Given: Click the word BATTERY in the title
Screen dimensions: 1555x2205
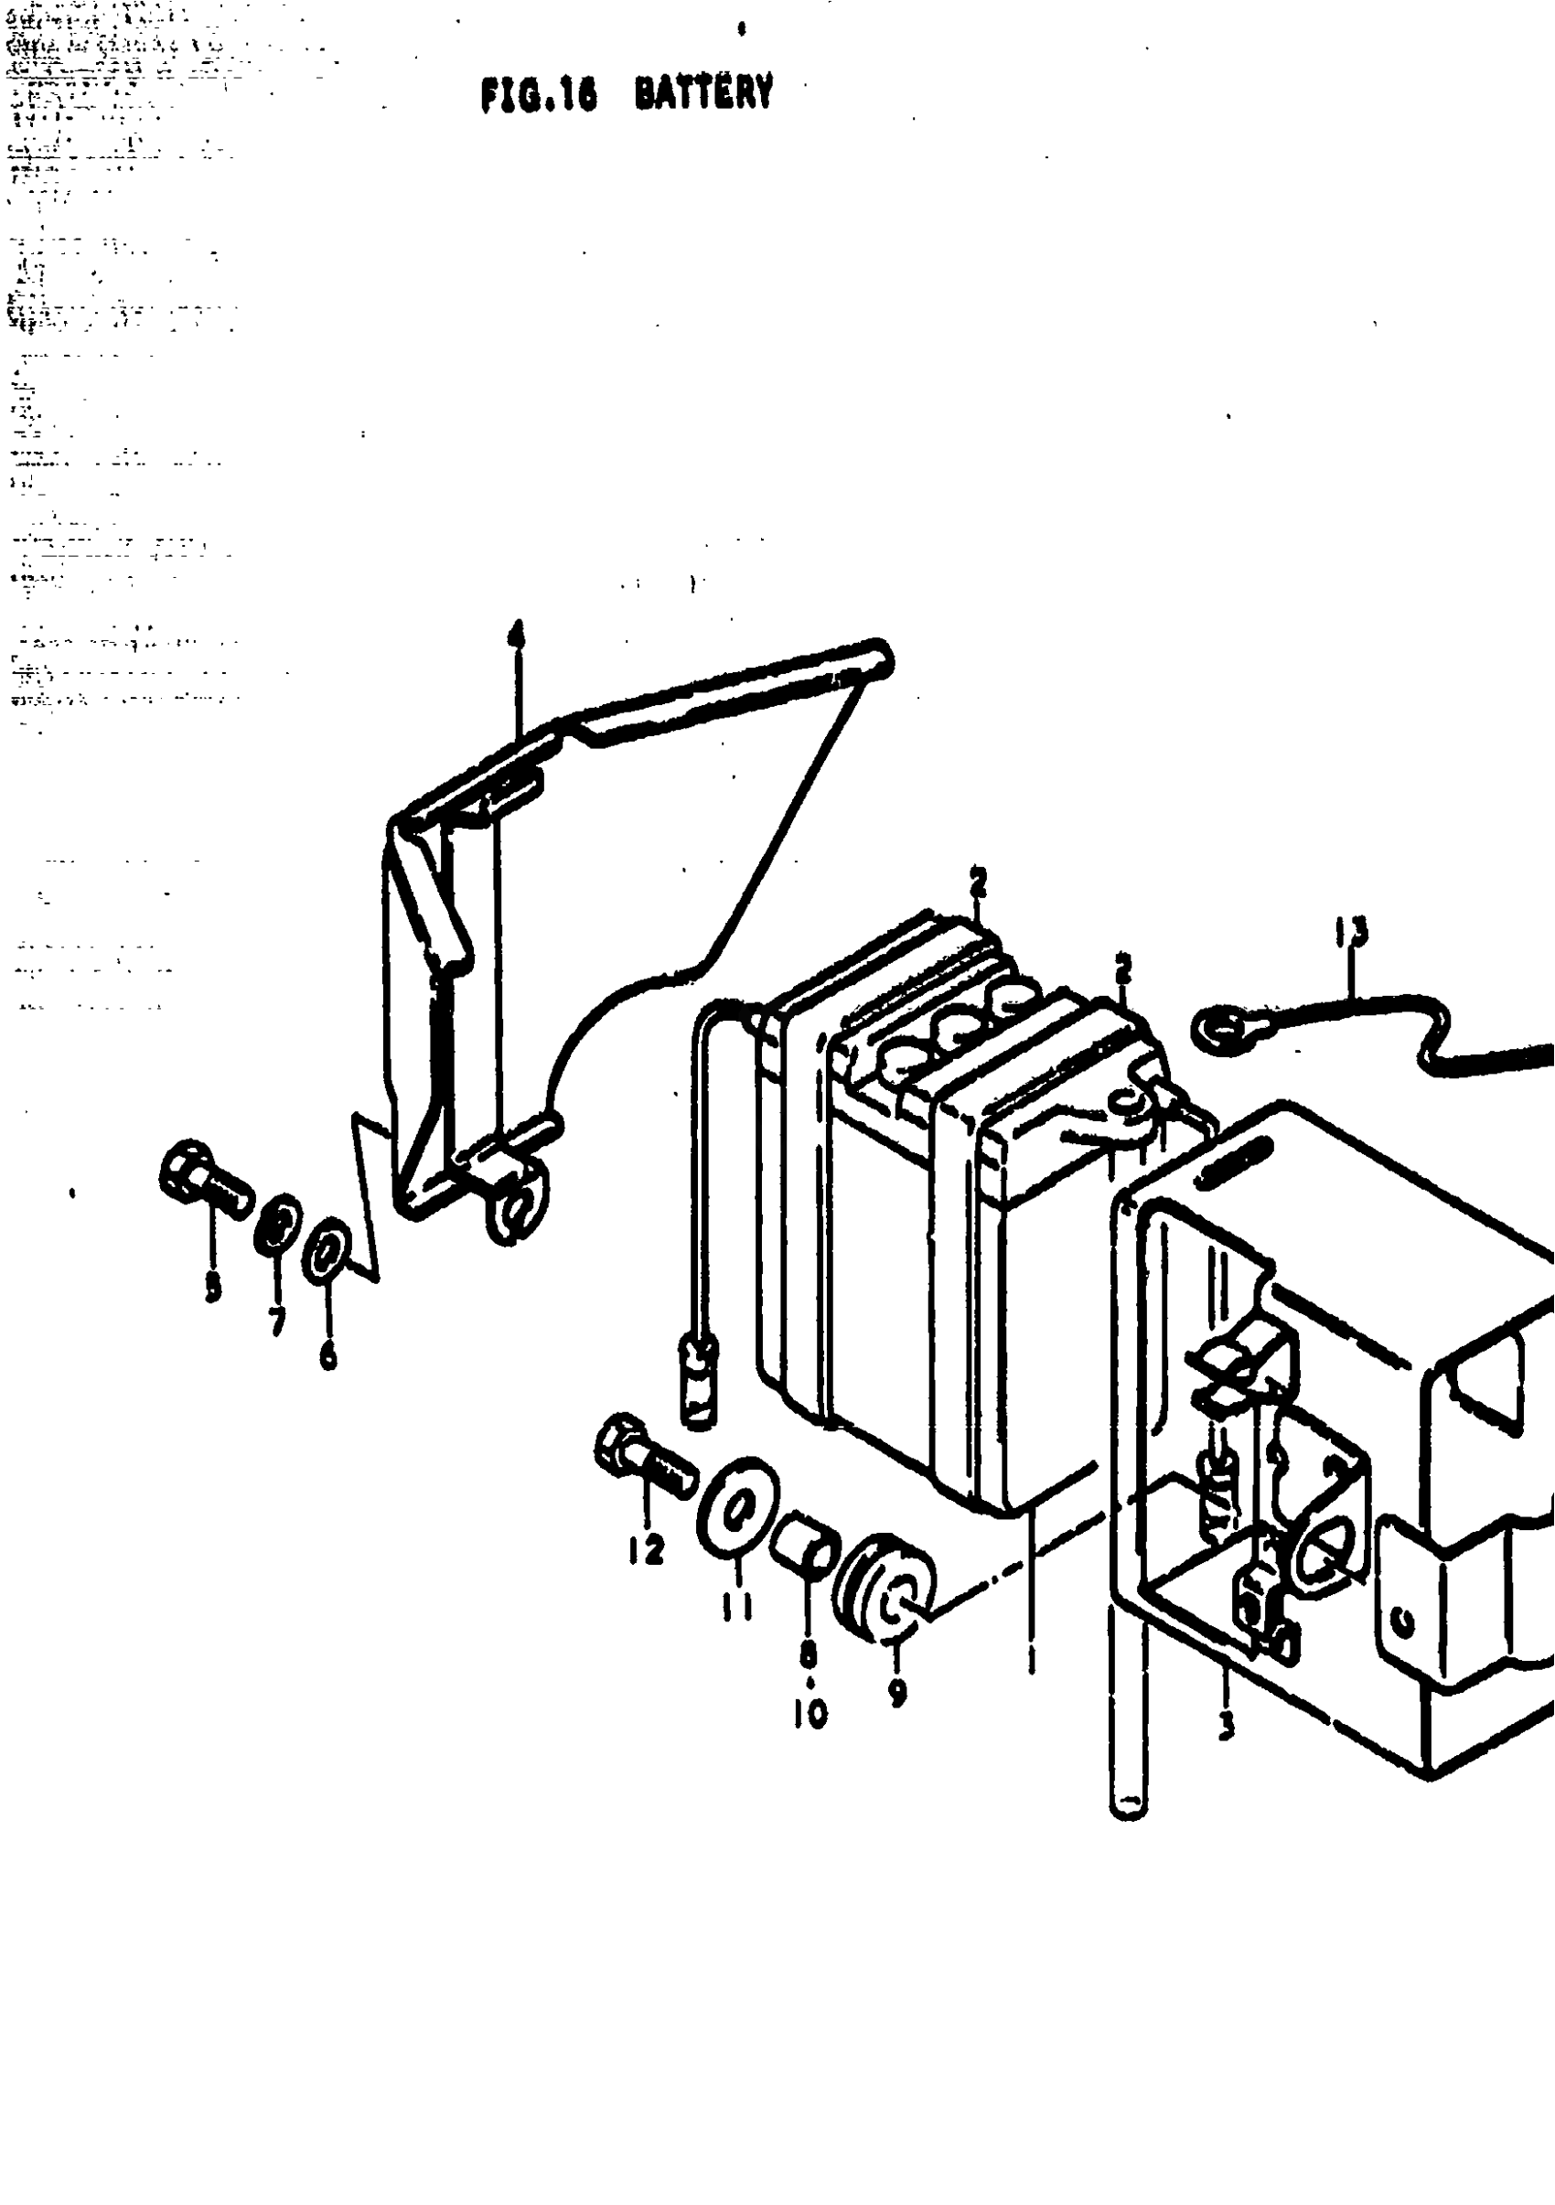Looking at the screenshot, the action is (x=704, y=94).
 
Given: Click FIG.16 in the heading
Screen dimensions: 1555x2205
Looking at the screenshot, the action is (x=539, y=96).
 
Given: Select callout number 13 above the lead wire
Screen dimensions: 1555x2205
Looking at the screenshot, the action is (x=1352, y=931).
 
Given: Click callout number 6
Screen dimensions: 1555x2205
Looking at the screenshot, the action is (x=328, y=1355).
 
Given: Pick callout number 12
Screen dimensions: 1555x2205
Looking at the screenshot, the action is (x=647, y=1548).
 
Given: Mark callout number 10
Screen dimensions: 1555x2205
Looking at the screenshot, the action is (x=810, y=1713).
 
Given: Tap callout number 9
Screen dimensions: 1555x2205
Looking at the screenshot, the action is (x=897, y=1692).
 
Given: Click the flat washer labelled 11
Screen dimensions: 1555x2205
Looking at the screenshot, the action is (x=737, y=1516).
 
